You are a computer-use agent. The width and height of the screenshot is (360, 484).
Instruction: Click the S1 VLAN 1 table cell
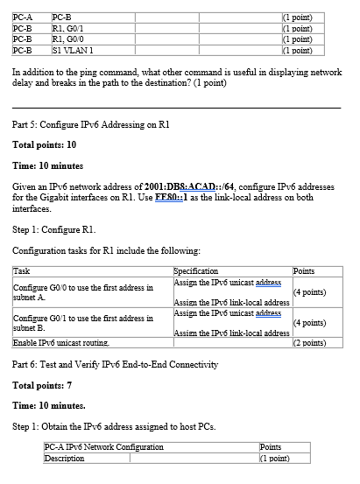click(x=74, y=50)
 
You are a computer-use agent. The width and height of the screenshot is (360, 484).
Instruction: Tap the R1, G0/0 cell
click(x=69, y=39)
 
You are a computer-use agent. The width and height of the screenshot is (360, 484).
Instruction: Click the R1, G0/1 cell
click(x=69, y=27)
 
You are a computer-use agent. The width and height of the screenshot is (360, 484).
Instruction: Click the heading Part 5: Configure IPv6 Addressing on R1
click(x=90, y=124)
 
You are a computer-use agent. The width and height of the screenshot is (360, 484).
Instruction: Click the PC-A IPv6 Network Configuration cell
click(x=104, y=447)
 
